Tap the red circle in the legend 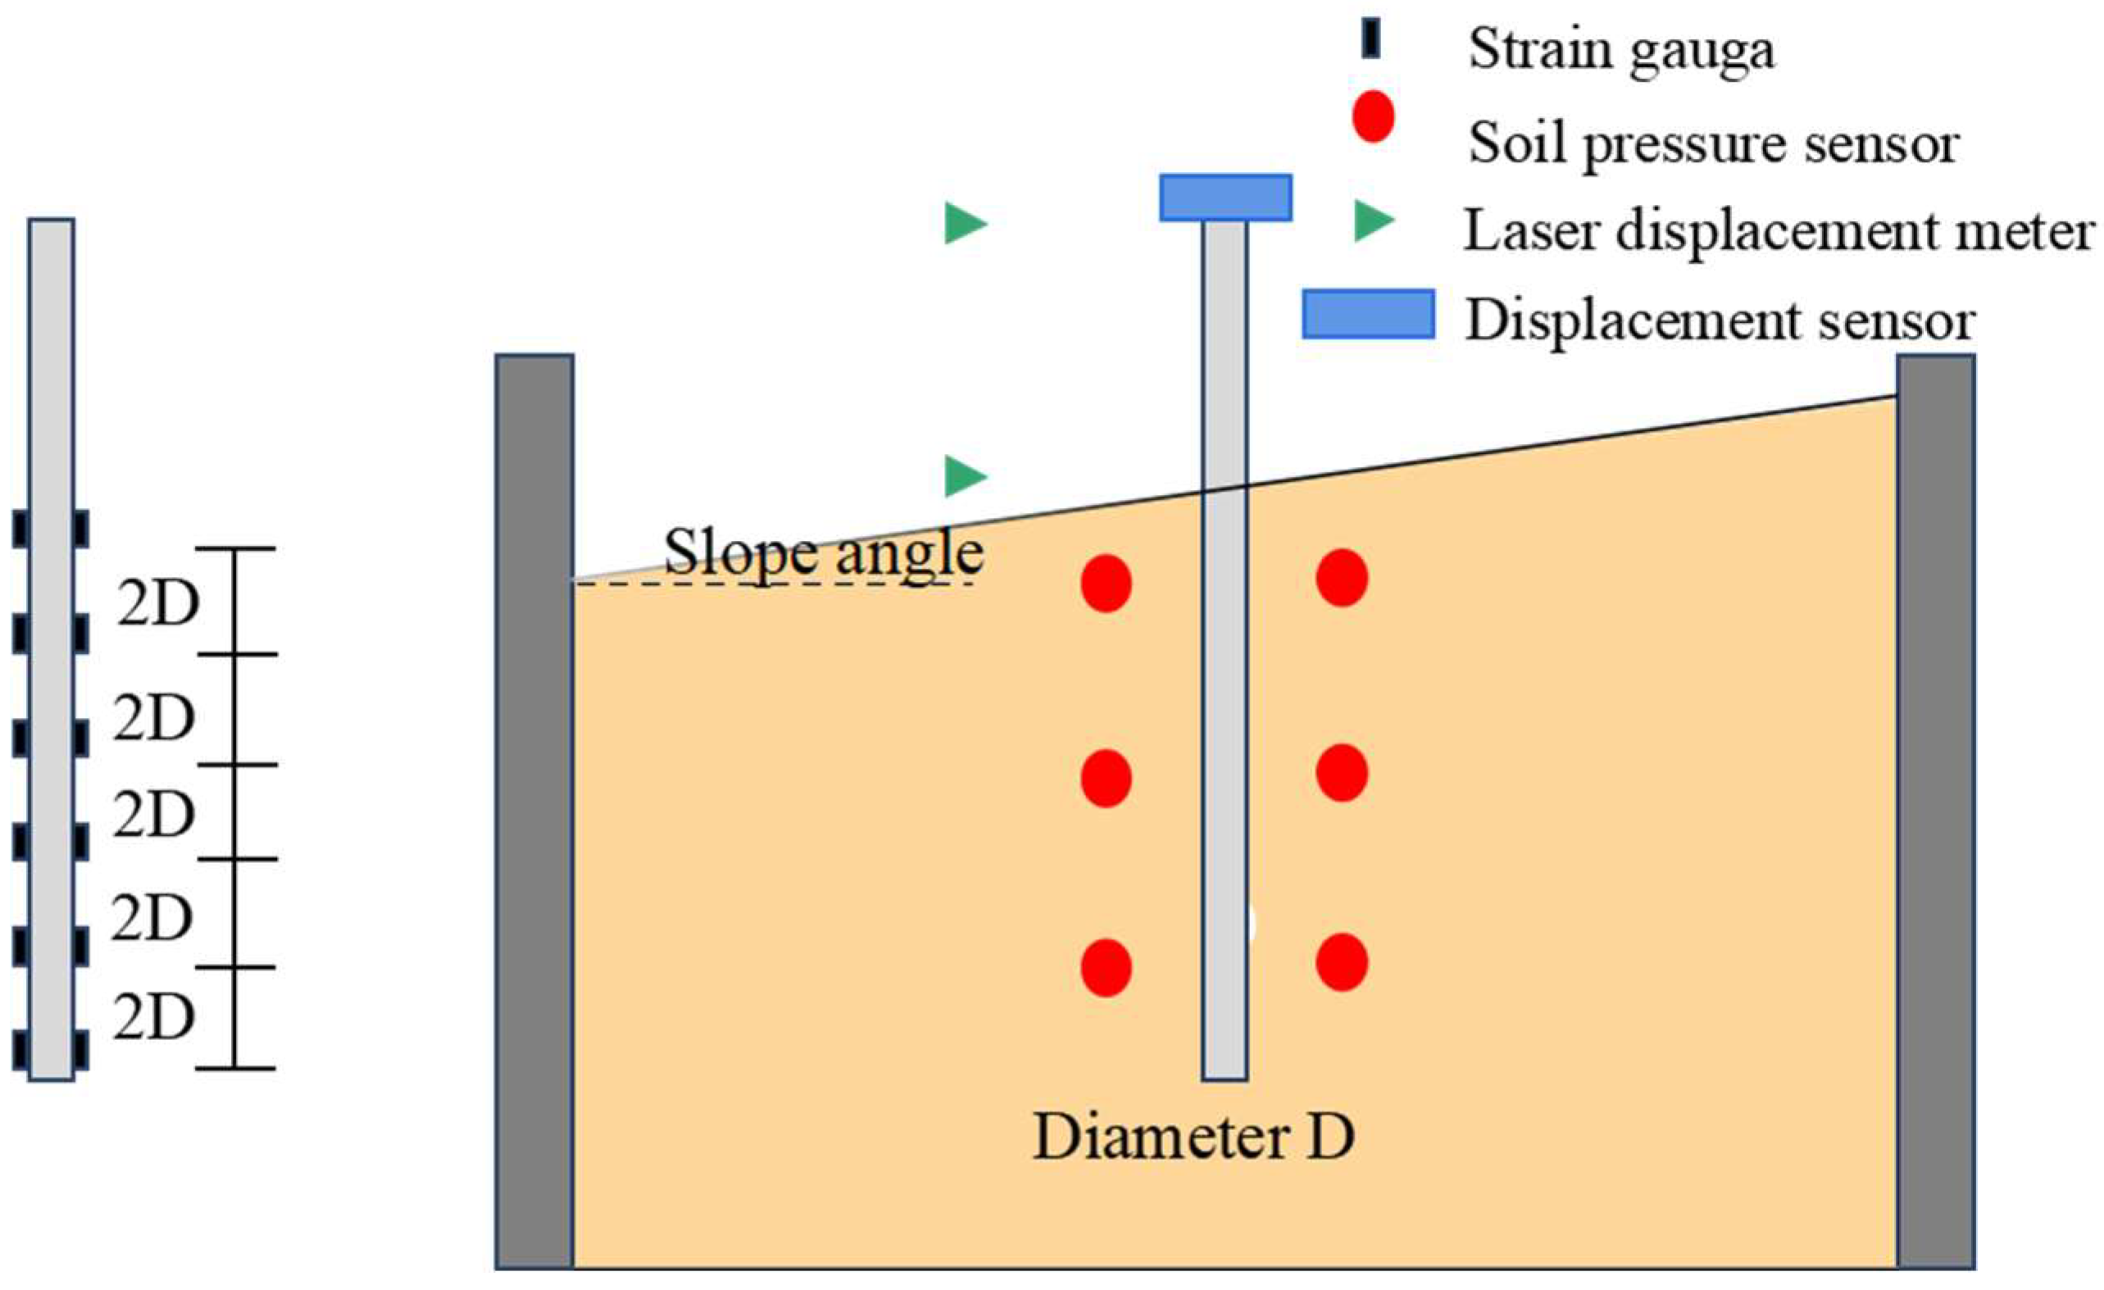point(1373,119)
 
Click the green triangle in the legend point(1371,221)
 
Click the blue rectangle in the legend point(1368,314)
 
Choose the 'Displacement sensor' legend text point(1720,321)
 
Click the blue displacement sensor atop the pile point(1225,198)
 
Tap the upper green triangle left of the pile point(964,225)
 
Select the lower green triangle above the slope point(964,475)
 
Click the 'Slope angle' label point(824,552)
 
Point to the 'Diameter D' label point(1193,1138)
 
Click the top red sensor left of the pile point(1106,584)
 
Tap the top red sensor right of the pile point(1342,578)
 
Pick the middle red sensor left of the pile point(1106,779)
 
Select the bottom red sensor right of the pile point(1342,962)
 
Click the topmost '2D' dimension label point(158,605)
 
